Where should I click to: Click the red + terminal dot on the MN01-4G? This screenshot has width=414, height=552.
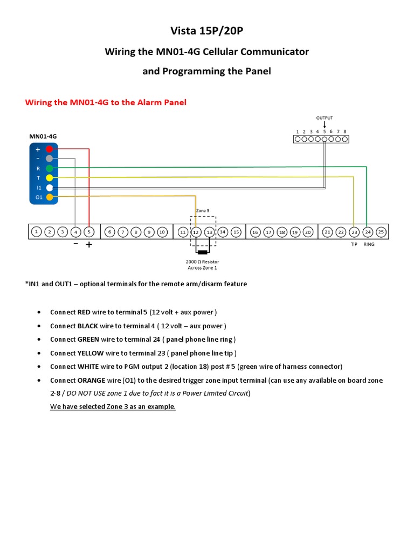[49, 149]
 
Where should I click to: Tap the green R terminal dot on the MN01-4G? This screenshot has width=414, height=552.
[49, 168]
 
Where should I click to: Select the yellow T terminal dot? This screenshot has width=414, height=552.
[49, 177]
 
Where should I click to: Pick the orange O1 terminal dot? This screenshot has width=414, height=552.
[49, 197]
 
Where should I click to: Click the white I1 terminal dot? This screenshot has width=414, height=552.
[49, 188]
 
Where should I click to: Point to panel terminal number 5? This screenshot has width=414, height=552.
[89, 232]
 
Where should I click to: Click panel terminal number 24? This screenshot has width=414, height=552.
[368, 232]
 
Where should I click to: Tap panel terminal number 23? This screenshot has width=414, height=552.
[354, 232]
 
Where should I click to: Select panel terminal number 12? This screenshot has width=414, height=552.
[196, 232]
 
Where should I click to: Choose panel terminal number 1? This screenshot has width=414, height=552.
[36, 232]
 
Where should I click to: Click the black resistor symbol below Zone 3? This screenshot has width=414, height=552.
[203, 252]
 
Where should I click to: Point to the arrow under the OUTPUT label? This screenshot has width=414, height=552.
[325, 125]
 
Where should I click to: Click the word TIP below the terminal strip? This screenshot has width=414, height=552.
[354, 244]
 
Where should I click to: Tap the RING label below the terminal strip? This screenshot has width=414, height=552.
[369, 244]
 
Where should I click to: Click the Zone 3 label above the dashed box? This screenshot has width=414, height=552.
[203, 210]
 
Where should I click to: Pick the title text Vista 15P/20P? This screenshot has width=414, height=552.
[207, 31]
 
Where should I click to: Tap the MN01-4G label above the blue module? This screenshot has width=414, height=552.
[43, 137]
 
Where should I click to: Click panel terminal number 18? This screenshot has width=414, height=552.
[281, 232]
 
